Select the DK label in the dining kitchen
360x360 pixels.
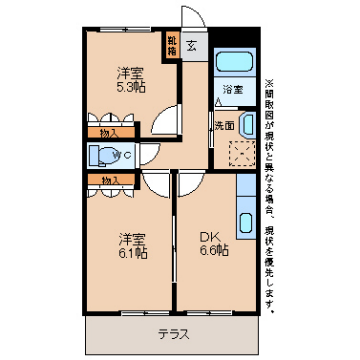[x=208, y=236]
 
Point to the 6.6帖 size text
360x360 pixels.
[x=211, y=251]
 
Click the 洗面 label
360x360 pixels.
[x=224, y=125]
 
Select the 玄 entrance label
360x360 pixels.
[x=190, y=44]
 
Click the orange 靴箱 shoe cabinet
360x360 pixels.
[x=172, y=46]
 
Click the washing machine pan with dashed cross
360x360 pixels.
[x=238, y=152]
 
